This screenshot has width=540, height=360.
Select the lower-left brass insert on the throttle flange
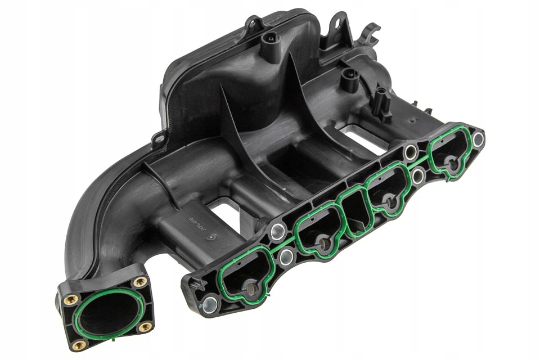[x=79, y=344]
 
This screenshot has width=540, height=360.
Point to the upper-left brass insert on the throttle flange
[x=70, y=300]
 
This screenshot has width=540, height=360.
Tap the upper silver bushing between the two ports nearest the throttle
[x=277, y=231]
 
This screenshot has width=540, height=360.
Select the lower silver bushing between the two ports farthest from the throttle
[x=418, y=176]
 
